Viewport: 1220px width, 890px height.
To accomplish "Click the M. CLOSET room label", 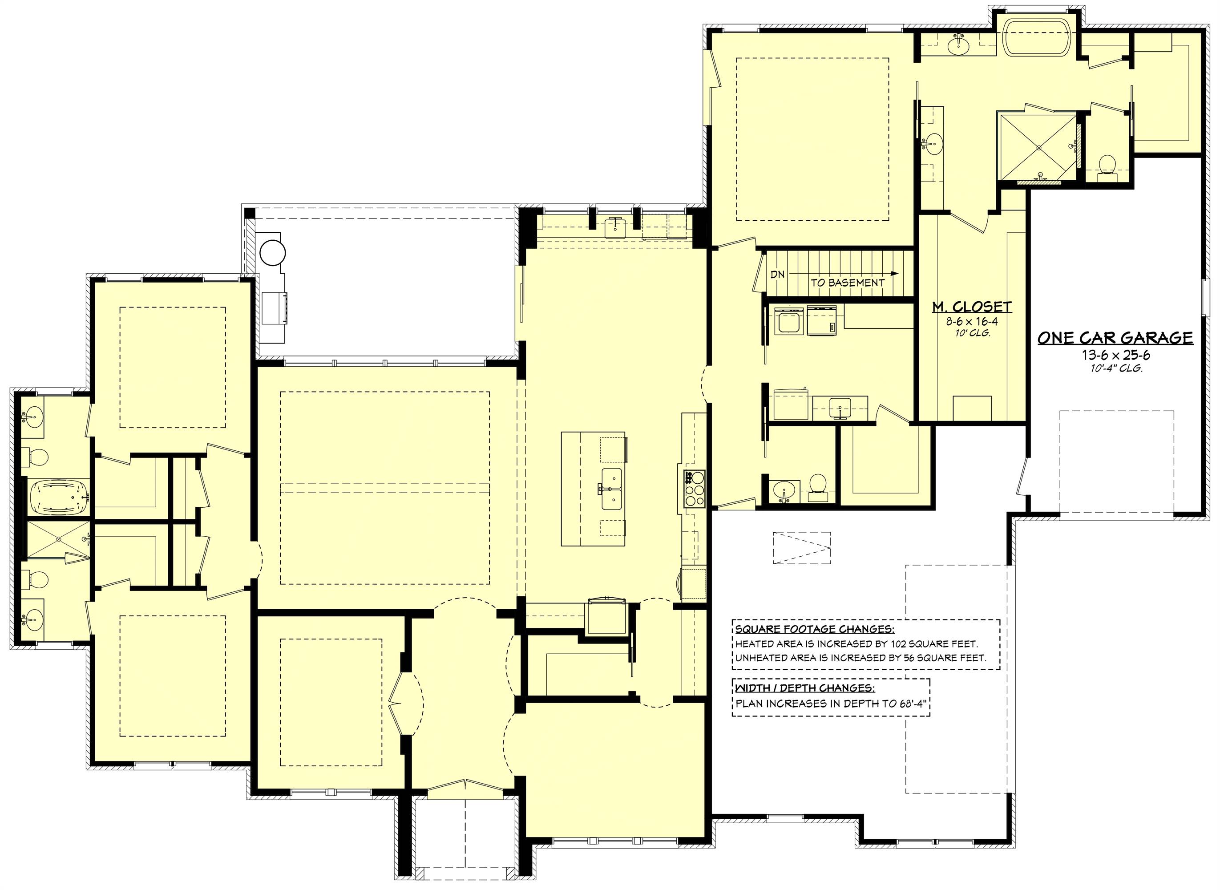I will pos(972,307).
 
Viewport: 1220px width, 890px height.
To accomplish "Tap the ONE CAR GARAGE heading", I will pos(1115,338).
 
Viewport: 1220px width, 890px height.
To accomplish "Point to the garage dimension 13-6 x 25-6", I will pos(1115,355).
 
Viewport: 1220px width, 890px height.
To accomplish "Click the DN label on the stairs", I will pos(777,274).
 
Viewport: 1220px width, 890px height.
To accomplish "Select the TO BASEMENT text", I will pos(848,282).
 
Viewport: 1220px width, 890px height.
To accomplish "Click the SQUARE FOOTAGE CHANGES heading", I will pos(814,629).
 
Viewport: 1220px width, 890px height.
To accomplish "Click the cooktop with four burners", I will pos(694,489).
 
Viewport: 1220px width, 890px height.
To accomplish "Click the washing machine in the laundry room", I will pos(790,322).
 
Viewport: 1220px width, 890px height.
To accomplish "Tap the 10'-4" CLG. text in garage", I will pos(1115,369).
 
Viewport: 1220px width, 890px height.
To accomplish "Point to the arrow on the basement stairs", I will pos(893,274).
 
